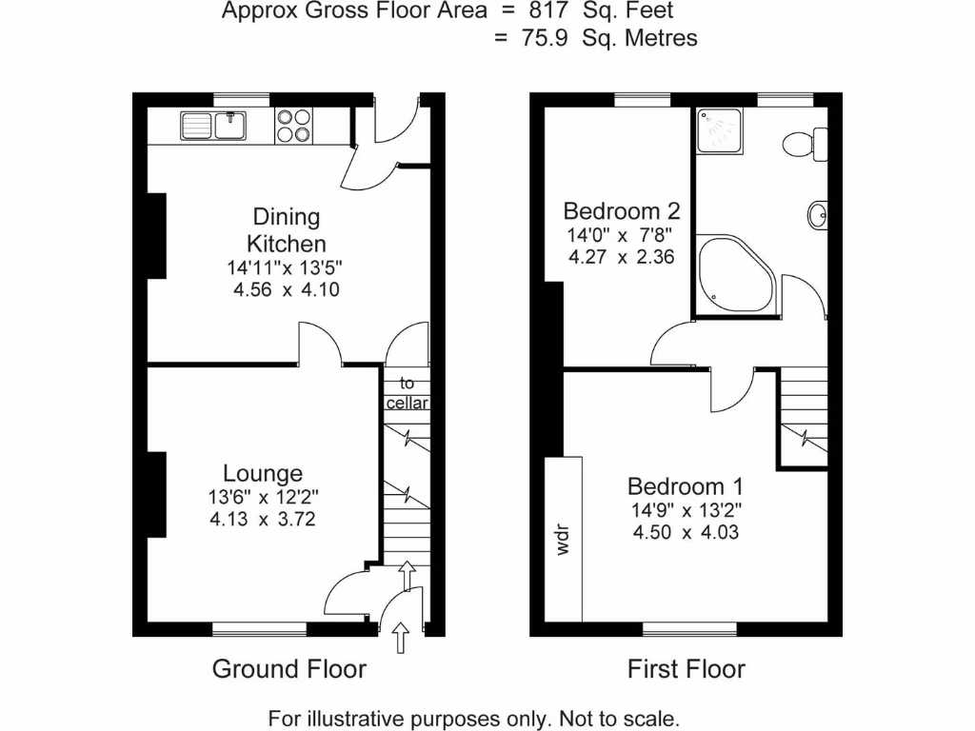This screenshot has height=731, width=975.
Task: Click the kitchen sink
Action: [x=213, y=126]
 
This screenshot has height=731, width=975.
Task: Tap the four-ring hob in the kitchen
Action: [x=293, y=126]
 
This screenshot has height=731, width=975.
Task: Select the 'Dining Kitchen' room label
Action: [x=287, y=229]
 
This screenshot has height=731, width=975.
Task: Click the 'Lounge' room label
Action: [x=263, y=473]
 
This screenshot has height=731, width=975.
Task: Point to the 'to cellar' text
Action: [x=408, y=393]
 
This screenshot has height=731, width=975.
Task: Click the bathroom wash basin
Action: [x=817, y=215]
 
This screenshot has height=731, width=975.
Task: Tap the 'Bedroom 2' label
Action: [x=621, y=210]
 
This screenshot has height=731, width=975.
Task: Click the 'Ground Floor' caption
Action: [x=289, y=669]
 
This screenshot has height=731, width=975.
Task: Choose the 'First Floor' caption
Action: [x=686, y=669]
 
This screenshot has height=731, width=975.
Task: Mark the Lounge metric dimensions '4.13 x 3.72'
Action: [x=262, y=520]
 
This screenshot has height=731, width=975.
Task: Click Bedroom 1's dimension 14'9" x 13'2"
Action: [x=686, y=509]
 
